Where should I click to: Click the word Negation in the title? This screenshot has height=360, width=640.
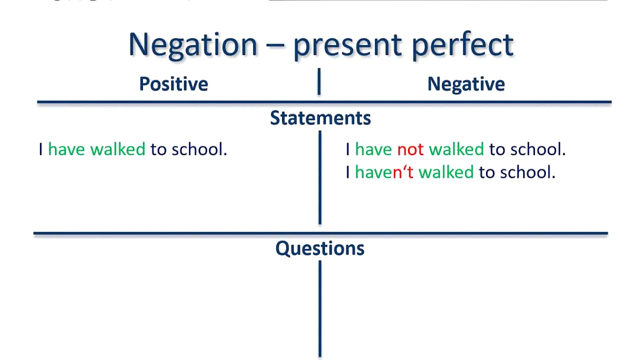point(192,45)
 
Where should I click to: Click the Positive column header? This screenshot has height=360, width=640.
point(173,84)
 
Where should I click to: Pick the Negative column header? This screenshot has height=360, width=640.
point(466,84)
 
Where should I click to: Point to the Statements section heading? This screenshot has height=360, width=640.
point(320,118)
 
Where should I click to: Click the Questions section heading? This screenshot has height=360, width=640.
point(320,248)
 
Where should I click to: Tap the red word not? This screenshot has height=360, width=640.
point(410,149)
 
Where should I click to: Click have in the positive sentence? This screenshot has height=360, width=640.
point(66,149)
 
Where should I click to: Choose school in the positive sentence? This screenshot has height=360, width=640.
point(199,149)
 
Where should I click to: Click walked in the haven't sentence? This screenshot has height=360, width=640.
point(446,172)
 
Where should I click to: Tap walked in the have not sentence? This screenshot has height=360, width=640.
point(456,149)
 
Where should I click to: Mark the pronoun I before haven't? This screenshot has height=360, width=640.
point(347,172)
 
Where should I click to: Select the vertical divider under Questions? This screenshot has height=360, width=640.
point(319,307)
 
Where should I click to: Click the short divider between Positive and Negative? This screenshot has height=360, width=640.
point(318,82)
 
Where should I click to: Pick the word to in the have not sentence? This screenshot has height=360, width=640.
point(496,149)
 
